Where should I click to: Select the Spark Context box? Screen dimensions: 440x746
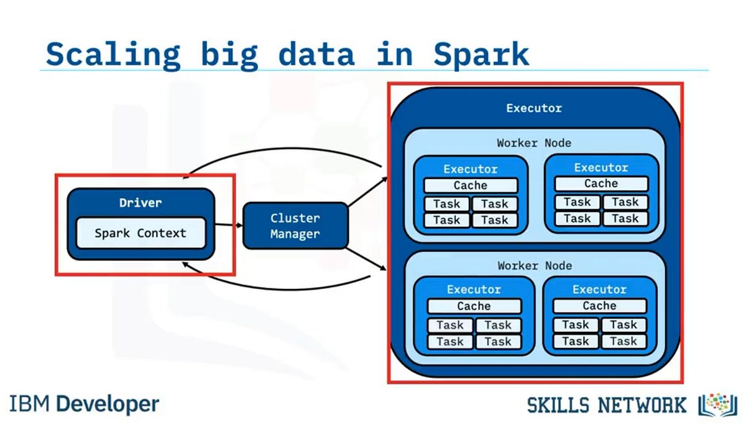pyautogui.click(x=140, y=234)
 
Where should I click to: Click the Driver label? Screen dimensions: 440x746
pyautogui.click(x=140, y=203)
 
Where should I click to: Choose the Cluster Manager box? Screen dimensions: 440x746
pyautogui.click(x=295, y=226)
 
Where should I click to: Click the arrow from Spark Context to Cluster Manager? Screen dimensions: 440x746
pyautogui.click(x=228, y=225)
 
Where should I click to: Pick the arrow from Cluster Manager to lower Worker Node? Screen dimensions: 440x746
pyautogui.click(x=367, y=259)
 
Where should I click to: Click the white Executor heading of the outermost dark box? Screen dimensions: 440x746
pyautogui.click(x=533, y=108)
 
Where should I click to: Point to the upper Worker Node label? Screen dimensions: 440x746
pyautogui.click(x=533, y=143)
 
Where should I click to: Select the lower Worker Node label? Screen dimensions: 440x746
pyautogui.click(x=534, y=265)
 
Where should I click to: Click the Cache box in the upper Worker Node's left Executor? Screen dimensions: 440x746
pyautogui.click(x=471, y=185)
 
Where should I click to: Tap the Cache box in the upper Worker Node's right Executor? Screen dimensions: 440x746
pyautogui.click(x=601, y=183)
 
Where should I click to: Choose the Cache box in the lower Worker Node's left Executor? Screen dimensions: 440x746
pyautogui.click(x=474, y=306)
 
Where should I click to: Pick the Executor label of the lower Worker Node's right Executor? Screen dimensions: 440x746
pyautogui.click(x=599, y=289)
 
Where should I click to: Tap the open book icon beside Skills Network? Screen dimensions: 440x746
pyautogui.click(x=718, y=405)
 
